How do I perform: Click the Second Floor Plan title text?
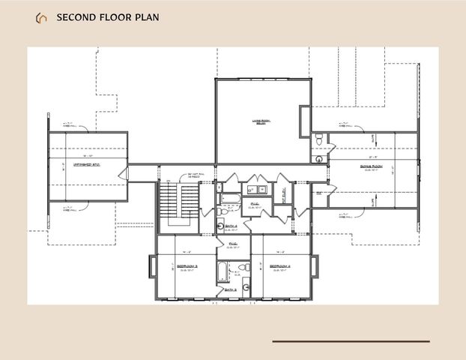coord(107,17)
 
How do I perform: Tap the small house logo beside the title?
coord(40,17)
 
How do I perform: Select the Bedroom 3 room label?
coord(186,266)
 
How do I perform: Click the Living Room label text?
coord(260,121)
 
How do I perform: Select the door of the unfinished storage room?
coord(127,174)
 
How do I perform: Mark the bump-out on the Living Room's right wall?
coord(305,121)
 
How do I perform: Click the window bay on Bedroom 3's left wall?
coord(152,266)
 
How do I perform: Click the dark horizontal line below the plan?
coord(351,341)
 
